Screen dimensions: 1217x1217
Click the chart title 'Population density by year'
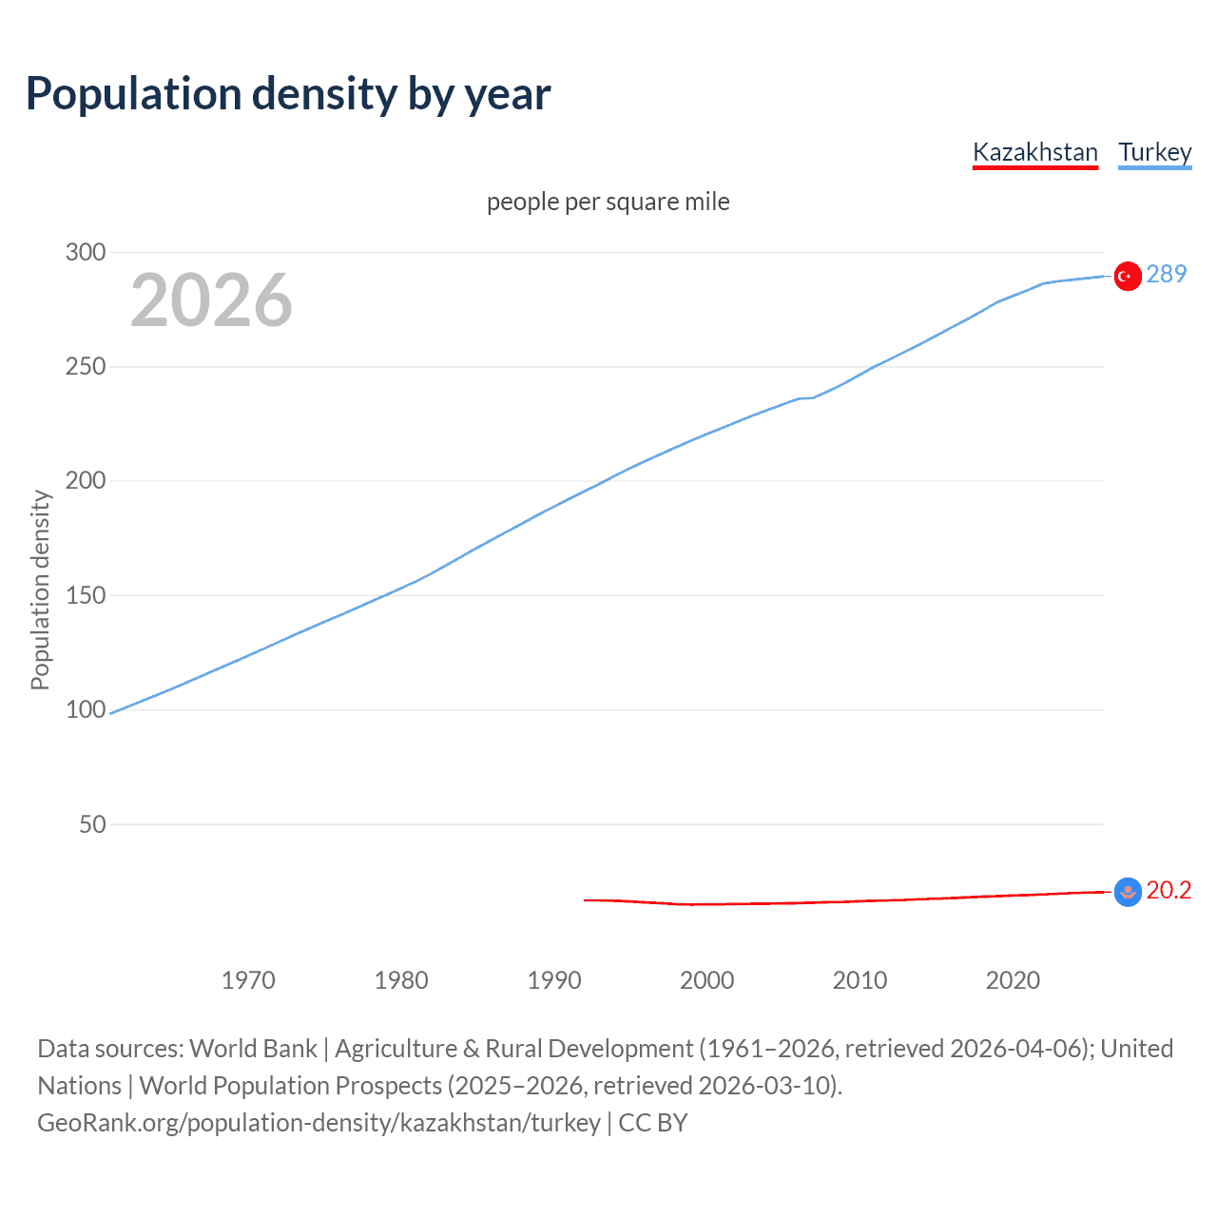tap(288, 94)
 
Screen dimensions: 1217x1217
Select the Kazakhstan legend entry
tap(1034, 152)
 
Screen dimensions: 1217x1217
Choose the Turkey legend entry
tap(1154, 152)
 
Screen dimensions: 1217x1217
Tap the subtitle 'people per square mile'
tap(608, 202)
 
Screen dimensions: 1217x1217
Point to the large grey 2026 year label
tap(211, 300)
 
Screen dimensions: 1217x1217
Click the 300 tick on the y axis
tap(86, 252)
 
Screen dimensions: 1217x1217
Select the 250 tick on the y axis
tap(86, 366)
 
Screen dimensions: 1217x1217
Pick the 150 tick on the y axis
tap(86, 595)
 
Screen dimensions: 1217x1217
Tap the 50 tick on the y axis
tap(92, 824)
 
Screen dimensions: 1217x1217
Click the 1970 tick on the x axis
tap(248, 980)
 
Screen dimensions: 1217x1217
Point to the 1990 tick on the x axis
tap(554, 980)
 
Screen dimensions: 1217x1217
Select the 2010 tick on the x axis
tap(860, 980)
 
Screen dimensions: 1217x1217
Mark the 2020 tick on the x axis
tap(1013, 980)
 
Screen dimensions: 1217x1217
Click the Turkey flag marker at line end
tap(1128, 276)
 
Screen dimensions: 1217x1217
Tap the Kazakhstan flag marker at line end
tap(1128, 892)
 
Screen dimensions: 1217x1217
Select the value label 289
tap(1167, 274)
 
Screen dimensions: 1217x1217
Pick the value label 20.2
tap(1169, 890)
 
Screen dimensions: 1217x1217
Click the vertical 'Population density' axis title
tap(40, 589)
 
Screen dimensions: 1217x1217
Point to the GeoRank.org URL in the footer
tap(319, 1123)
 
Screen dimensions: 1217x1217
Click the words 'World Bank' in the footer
tap(253, 1049)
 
